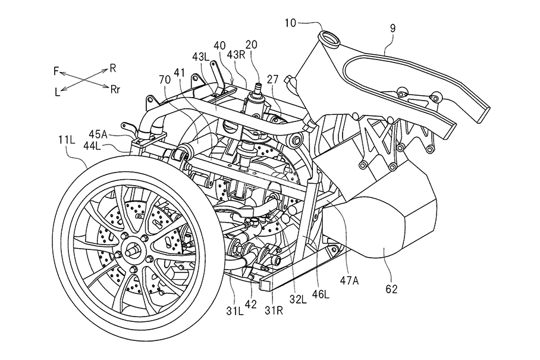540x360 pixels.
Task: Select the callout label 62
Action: (x=391, y=289)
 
